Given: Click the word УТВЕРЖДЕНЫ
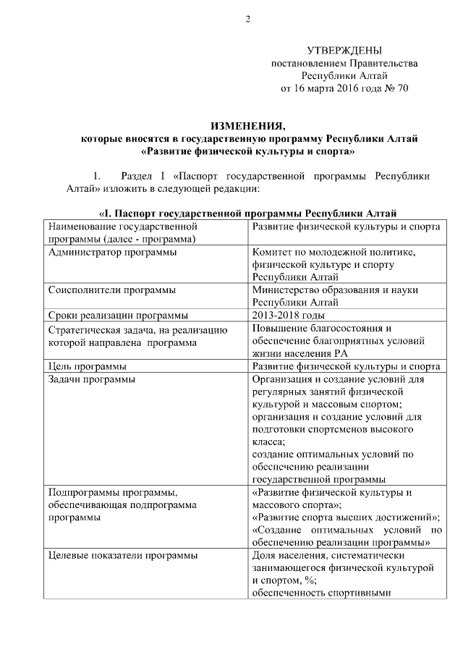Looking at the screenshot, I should [344, 51].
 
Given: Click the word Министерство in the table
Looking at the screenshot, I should [287, 290].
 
